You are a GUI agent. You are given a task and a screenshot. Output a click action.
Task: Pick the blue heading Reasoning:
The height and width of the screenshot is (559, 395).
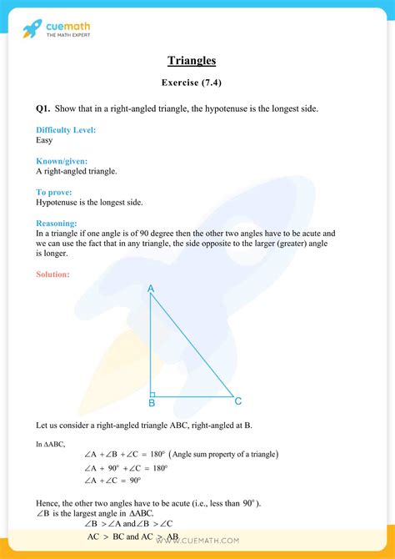(x=57, y=223)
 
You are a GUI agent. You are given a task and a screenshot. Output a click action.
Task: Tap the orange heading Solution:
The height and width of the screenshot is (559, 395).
(x=53, y=274)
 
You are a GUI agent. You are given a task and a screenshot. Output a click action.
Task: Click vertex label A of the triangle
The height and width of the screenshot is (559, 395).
(x=151, y=289)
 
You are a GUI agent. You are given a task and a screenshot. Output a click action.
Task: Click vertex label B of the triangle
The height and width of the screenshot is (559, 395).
(x=152, y=404)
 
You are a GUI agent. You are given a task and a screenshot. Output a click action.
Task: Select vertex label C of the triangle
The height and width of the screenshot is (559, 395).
(x=238, y=401)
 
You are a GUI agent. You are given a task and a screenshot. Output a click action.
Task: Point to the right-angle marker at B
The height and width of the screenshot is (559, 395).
(x=153, y=393)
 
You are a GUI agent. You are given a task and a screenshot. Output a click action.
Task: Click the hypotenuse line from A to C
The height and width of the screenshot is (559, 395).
(x=192, y=344)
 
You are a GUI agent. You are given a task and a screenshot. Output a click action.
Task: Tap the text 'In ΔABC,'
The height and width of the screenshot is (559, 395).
(x=51, y=444)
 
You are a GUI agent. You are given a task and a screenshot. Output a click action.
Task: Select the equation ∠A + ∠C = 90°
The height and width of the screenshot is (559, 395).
(x=112, y=481)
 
